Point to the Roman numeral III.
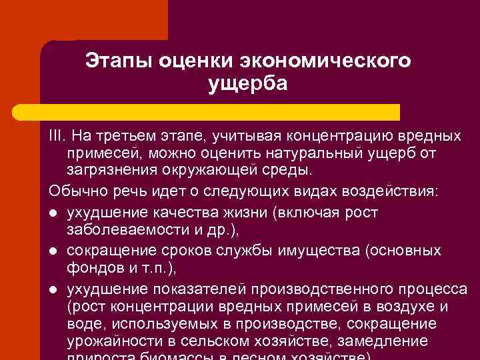[x=57, y=137]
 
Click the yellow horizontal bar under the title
[x=220, y=112]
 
